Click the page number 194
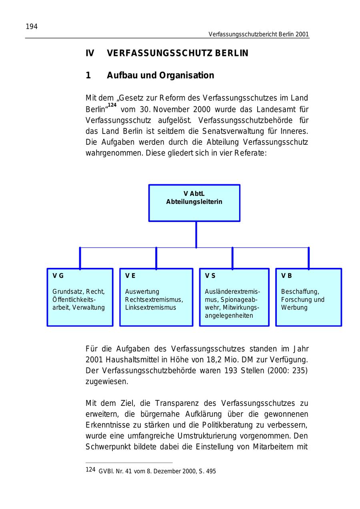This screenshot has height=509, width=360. click(x=32, y=27)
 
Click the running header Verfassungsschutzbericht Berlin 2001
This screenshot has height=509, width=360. click(x=258, y=34)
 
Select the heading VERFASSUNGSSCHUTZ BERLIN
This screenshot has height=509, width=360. click(x=178, y=53)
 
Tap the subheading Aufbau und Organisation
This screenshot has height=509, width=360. click(x=160, y=76)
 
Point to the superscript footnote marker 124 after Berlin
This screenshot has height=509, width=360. click(x=112, y=105)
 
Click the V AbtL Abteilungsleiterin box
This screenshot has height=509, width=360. click(x=194, y=202)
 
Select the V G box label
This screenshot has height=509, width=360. click(x=58, y=276)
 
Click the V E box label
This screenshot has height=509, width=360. click(x=130, y=276)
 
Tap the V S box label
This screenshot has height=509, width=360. click(x=210, y=276)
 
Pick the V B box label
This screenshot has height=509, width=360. click(x=286, y=276)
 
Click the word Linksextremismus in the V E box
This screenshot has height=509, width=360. click(x=150, y=307)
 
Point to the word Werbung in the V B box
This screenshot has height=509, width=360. click(x=294, y=307)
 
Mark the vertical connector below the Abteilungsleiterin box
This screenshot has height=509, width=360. click(x=196, y=235)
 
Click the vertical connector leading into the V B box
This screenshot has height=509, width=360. click(x=308, y=258)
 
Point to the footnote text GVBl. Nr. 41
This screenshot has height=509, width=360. click(x=118, y=471)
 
